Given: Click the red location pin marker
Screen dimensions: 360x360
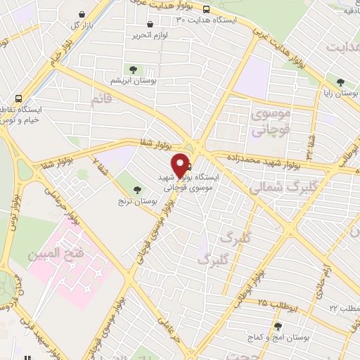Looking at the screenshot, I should [181, 165].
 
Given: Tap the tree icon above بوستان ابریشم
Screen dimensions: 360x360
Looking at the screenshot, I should [131, 69].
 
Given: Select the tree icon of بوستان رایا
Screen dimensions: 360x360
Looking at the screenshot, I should [340, 82].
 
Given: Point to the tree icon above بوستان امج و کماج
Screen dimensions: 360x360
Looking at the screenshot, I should [278, 326].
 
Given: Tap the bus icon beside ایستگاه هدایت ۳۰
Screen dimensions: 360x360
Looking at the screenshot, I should [205, 9].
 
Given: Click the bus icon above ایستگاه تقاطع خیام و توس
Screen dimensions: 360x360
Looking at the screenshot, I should [17, 99].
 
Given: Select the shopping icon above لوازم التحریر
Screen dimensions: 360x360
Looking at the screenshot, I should [150, 25].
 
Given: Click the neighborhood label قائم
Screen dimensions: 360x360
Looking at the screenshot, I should [102, 100].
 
